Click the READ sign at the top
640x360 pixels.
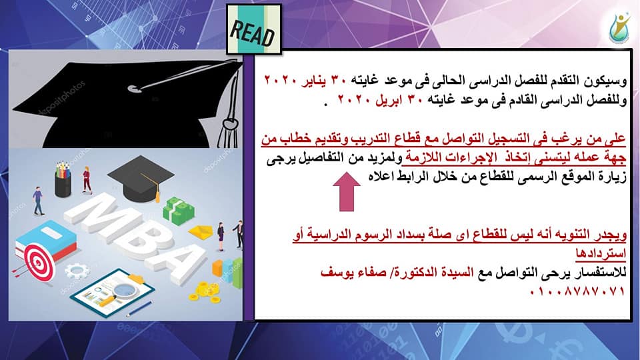click(x=254, y=29)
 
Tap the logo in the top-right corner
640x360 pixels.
click(x=619, y=28)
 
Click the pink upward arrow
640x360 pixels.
click(x=347, y=191)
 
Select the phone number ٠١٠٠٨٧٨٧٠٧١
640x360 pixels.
click(x=577, y=291)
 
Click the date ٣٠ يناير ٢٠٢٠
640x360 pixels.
click(x=305, y=79)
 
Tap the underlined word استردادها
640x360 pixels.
click(x=601, y=253)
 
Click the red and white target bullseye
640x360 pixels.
click(x=39, y=262)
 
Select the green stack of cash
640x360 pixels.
click(x=179, y=211)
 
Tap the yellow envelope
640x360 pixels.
click(x=201, y=232)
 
